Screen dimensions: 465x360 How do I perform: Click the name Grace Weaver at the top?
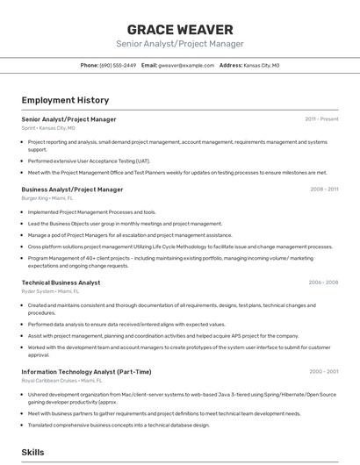(180, 30)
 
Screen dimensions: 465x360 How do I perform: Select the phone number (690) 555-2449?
(118, 65)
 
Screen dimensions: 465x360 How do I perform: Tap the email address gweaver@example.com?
(186, 65)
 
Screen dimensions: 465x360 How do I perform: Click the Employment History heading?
(65, 101)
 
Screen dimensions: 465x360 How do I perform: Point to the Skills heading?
(33, 452)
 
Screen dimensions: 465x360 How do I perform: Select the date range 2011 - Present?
(321, 118)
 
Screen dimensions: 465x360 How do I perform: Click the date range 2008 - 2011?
(324, 189)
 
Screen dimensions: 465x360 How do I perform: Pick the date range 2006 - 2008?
(323, 283)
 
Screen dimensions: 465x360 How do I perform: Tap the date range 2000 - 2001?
(323, 371)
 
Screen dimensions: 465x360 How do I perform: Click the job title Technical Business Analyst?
(61, 283)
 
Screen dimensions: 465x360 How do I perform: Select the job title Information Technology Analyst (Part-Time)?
(86, 371)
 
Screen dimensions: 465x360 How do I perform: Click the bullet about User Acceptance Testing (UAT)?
(89, 161)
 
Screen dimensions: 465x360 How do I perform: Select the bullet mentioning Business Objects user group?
(125, 224)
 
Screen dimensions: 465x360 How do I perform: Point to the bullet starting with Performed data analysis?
(126, 325)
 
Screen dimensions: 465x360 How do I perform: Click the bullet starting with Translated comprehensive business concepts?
(119, 425)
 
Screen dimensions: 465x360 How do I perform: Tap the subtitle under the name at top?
(180, 44)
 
